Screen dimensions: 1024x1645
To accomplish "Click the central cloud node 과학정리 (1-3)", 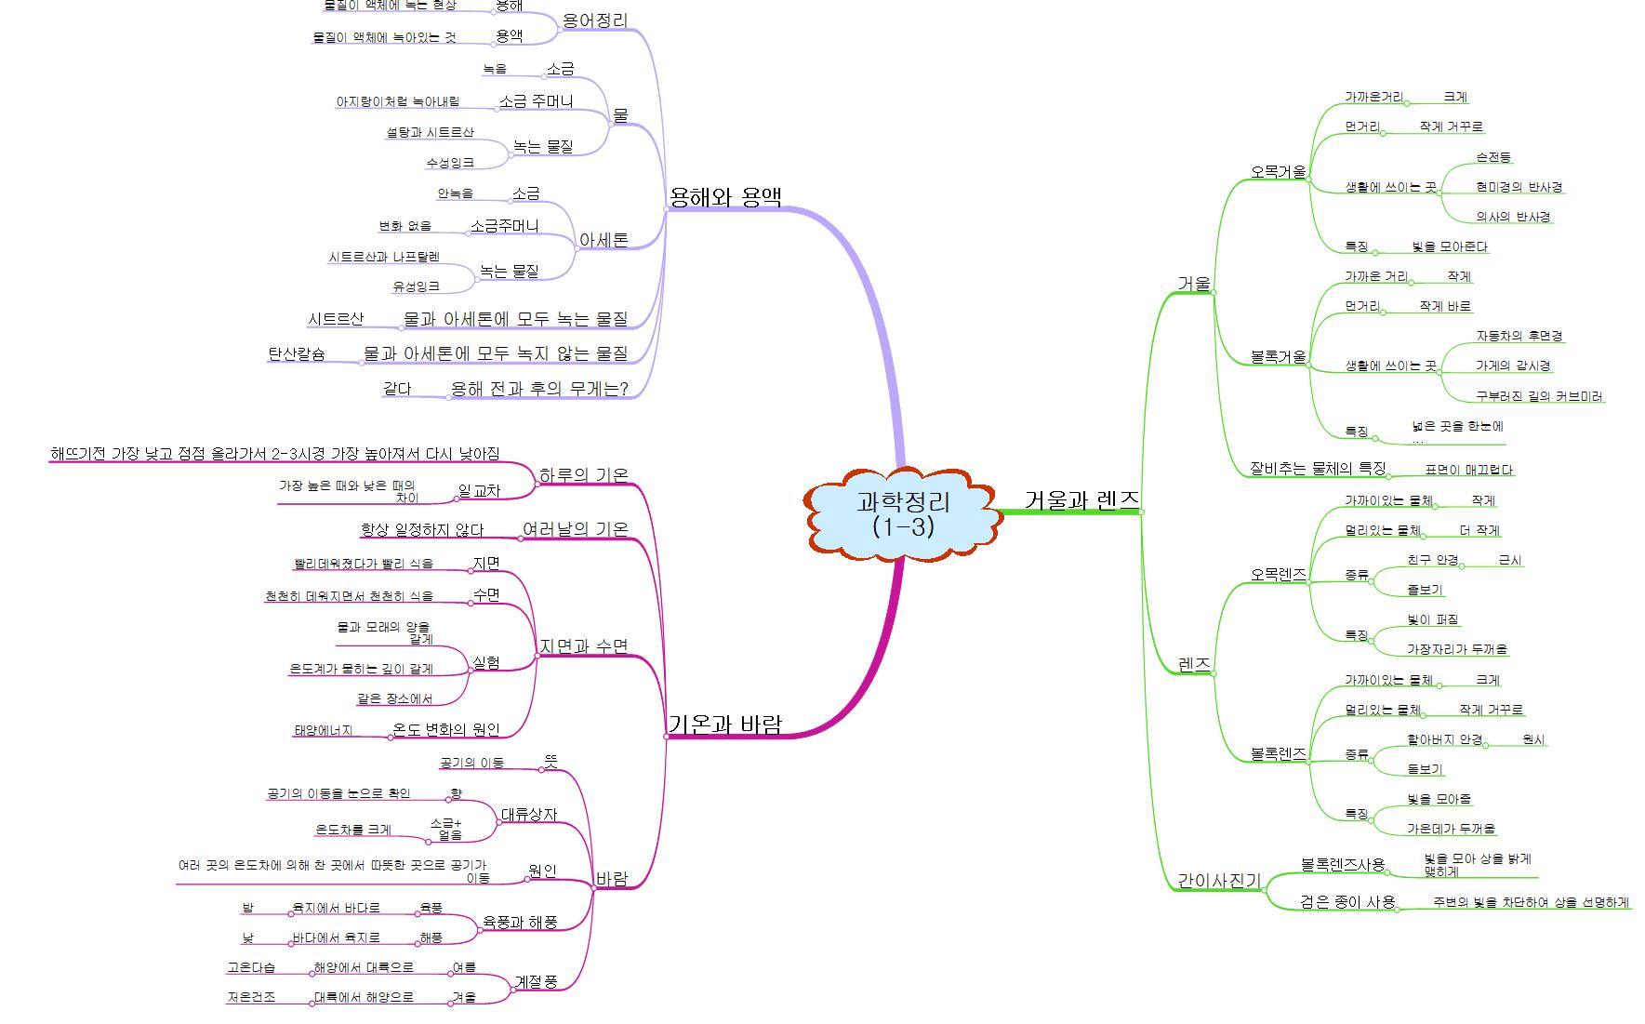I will [903, 512].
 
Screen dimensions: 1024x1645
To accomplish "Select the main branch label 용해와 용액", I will [725, 197].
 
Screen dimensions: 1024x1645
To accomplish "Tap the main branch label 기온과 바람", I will [725, 725].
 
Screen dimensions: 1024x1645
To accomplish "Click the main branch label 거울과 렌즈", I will [1081, 500].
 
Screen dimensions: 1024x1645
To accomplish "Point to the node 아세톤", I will [604, 240].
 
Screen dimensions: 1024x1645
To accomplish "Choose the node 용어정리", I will [595, 20].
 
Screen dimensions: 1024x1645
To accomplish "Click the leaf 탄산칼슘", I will [297, 353].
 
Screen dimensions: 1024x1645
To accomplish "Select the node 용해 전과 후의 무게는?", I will [539, 389].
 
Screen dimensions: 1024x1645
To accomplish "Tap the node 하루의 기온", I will [583, 475].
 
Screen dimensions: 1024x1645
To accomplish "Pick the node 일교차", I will [479, 491].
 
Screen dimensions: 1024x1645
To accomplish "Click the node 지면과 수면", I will [583, 646].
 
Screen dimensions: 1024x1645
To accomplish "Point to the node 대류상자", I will [528, 815].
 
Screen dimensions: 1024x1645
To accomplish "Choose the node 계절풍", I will [536, 981].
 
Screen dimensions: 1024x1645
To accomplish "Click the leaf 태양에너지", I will [324, 731].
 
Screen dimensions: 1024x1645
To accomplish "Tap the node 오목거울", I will [1278, 172].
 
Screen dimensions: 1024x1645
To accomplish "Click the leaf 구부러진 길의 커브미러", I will [1540, 396].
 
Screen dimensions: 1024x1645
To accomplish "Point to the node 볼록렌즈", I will [1278, 754].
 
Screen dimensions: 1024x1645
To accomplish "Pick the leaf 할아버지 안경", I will [1444, 740].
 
